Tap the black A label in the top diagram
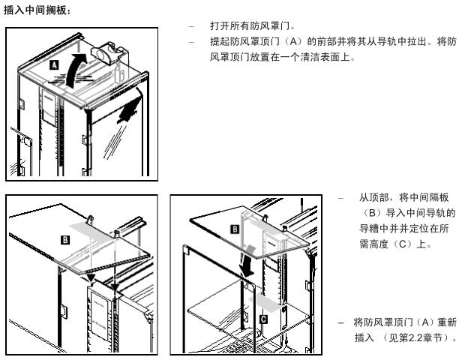[53, 66]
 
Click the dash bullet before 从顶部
[340, 198]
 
